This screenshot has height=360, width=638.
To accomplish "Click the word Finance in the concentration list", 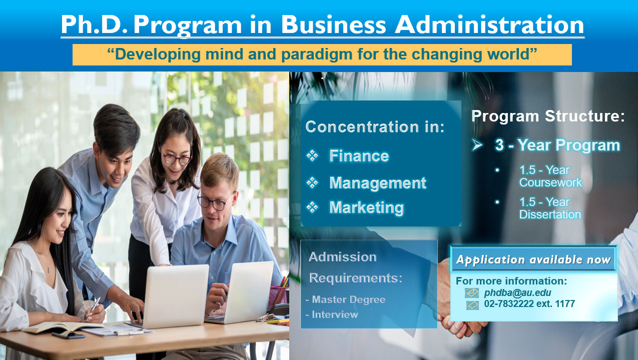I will tap(359, 156).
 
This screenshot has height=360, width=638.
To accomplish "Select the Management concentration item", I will tap(378, 183).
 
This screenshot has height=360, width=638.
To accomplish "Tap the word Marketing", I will tap(366, 207).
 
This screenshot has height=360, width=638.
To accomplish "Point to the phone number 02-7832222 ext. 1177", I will tap(529, 304).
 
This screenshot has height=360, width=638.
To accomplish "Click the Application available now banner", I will tap(533, 260).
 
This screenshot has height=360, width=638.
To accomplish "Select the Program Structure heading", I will tap(548, 116).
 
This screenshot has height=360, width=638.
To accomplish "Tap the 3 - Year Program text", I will tap(557, 145).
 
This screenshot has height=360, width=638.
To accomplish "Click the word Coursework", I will tap(550, 183).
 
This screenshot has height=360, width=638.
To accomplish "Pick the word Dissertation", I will tap(550, 215).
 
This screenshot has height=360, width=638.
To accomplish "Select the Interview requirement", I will tap(335, 314).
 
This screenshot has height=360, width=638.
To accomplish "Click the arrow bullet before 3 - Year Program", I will tap(477, 145).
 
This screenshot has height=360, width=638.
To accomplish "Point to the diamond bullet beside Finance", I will tap(312, 156).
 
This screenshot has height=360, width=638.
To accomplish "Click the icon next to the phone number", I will tap(472, 304).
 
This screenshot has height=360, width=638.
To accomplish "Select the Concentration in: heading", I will tap(375, 127).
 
